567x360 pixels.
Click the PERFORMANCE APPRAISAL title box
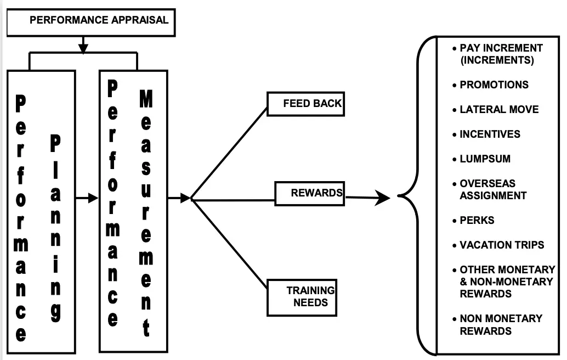[x=90, y=21]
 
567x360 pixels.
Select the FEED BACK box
[x=305, y=104]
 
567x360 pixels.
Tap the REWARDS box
[x=309, y=194]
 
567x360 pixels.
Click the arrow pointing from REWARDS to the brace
[x=367, y=198]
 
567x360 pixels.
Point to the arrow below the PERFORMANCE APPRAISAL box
[x=83, y=44]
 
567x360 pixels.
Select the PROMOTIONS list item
[x=494, y=85]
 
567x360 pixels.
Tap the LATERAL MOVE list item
[x=498, y=110]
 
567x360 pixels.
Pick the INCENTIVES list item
[x=489, y=134]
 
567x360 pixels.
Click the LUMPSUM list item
[x=485, y=159]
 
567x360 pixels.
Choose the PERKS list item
[x=477, y=221]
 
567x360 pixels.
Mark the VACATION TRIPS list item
[x=501, y=245]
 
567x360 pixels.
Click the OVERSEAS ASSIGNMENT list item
[x=492, y=189]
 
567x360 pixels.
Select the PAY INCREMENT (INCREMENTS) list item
[x=500, y=54]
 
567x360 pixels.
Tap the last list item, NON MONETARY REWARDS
[x=500, y=324]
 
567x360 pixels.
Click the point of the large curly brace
[x=399, y=196]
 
